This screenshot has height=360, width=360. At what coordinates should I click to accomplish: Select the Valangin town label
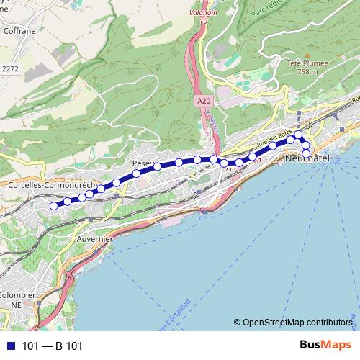(204, 12)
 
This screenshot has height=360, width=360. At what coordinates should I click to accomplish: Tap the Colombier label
(17, 296)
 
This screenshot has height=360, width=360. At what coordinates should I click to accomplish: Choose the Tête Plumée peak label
(307, 63)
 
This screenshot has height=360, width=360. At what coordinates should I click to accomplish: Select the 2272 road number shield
(10, 68)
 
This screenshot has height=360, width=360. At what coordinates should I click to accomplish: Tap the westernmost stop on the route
(53, 206)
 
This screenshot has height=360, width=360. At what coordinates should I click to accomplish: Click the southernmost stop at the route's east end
(306, 154)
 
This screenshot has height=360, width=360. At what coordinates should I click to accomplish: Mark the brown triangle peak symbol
(307, 54)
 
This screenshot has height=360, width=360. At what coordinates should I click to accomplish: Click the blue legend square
(10, 346)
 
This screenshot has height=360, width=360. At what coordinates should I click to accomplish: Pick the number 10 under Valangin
(204, 22)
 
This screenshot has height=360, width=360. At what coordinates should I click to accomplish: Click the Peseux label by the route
(143, 164)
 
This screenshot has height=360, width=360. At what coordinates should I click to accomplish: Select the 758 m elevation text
(307, 72)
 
